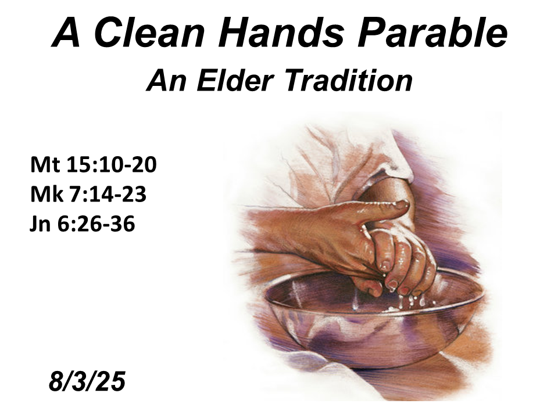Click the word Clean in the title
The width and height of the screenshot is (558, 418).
tap(150, 32)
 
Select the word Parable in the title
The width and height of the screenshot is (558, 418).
tap(432, 32)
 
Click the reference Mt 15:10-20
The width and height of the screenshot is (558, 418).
tap(93, 164)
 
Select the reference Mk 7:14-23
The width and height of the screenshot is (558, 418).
tap(88, 194)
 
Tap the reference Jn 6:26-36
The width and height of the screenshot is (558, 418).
tap(82, 224)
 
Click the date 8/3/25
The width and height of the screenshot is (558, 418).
tap(87, 381)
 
